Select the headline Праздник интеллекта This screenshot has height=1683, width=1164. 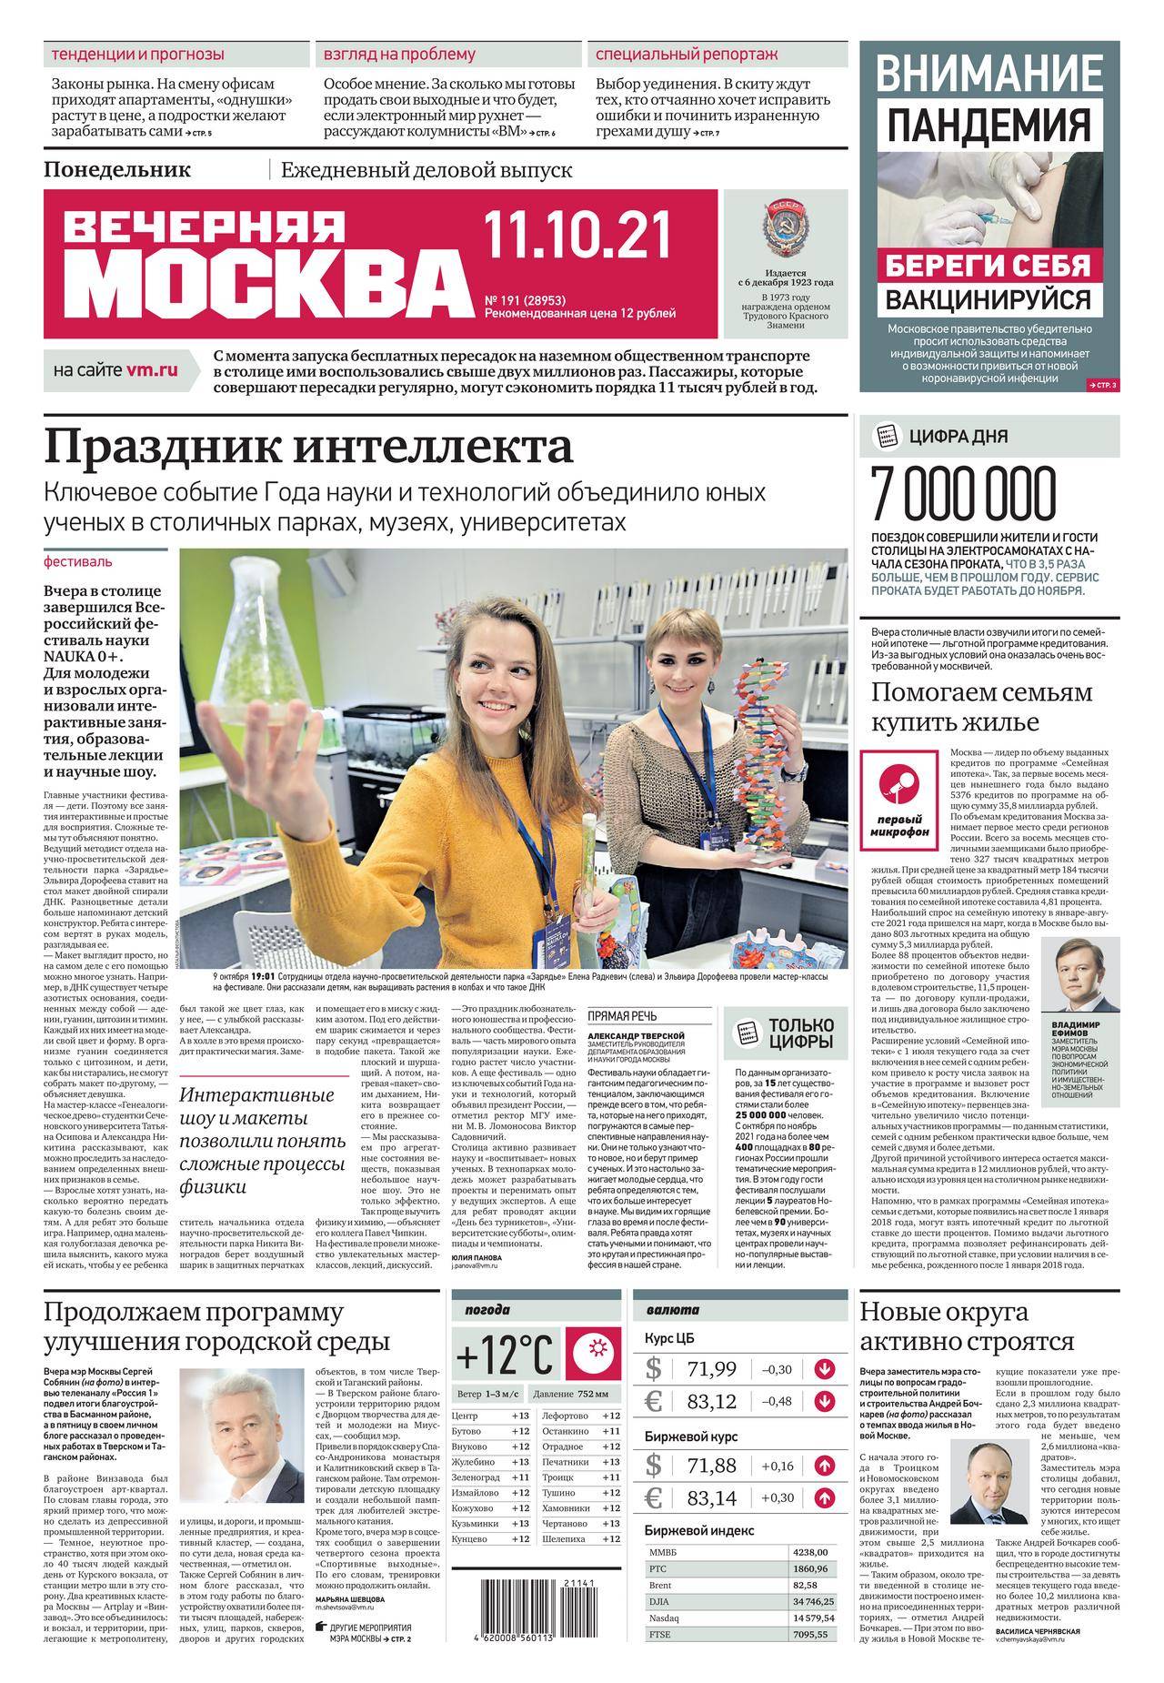click(x=309, y=448)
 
